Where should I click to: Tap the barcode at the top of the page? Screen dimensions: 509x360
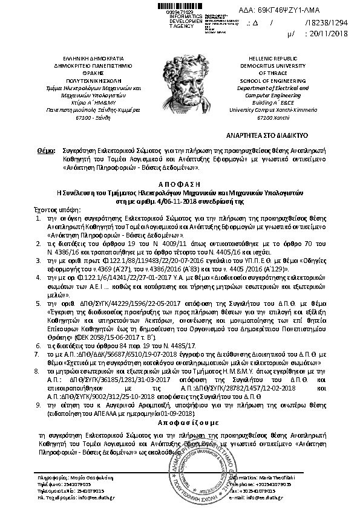tap(178, 5)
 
